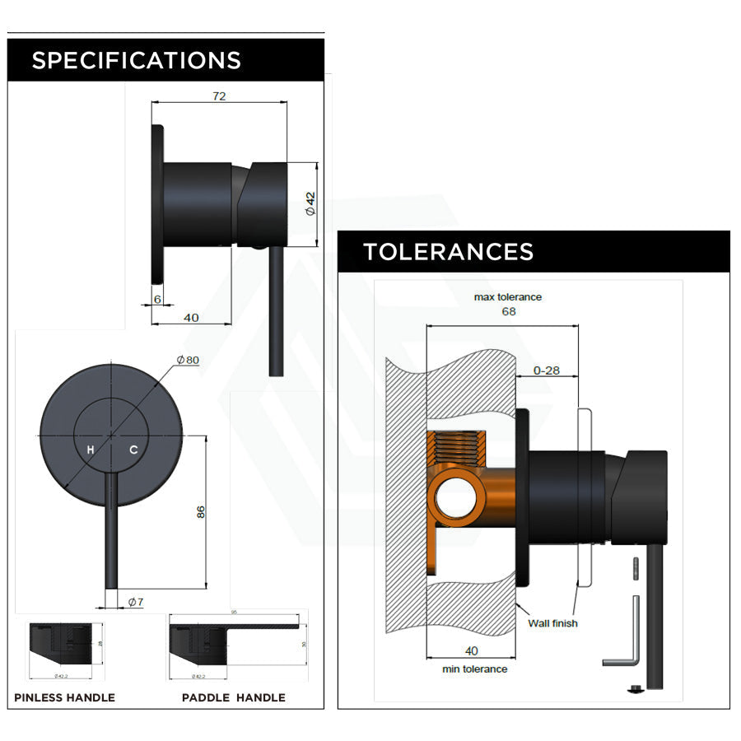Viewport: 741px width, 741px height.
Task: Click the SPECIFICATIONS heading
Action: click(x=136, y=60)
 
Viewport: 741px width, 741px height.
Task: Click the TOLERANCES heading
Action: click(x=448, y=251)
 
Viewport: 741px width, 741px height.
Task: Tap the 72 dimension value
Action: click(x=219, y=96)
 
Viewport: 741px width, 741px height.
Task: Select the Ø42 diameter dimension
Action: click(x=310, y=203)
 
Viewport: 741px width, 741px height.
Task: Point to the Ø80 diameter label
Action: click(x=188, y=360)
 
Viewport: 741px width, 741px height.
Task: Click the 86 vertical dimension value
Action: click(x=200, y=511)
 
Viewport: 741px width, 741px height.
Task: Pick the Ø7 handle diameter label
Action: click(x=136, y=602)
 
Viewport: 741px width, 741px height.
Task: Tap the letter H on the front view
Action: click(x=91, y=450)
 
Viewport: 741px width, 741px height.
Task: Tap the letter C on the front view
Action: click(x=133, y=450)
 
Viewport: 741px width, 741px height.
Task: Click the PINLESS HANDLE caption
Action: click(x=64, y=697)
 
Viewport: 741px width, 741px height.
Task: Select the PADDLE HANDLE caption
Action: click(x=233, y=697)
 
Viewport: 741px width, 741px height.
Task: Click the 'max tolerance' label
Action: click(x=508, y=296)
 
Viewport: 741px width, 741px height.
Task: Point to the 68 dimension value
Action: click(x=508, y=311)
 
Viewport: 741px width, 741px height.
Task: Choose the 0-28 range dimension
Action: click(x=547, y=370)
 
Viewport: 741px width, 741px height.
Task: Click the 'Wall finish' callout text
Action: click(x=552, y=623)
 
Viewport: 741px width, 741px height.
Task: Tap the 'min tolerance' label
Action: click(x=474, y=669)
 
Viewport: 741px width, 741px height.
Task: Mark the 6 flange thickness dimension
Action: click(x=157, y=300)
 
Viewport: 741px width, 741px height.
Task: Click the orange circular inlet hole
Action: click(x=451, y=497)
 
